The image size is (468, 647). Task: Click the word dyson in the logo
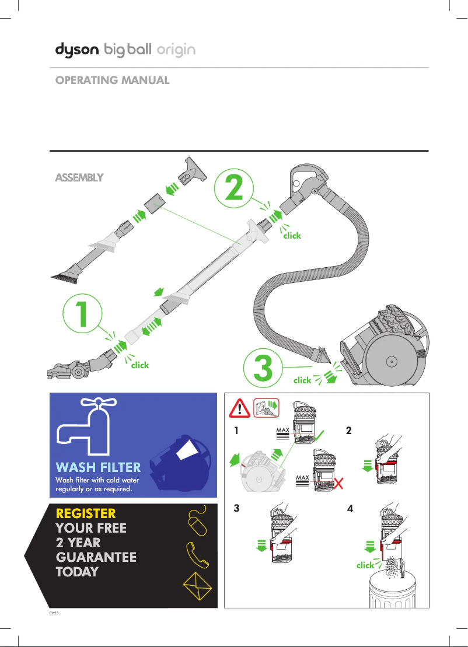77,50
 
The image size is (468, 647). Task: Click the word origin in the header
176,51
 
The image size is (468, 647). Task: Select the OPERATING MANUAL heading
112,81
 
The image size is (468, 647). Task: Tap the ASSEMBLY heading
79,177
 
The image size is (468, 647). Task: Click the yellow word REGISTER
85,513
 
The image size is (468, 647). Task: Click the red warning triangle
237,409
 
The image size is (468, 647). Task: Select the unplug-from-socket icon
266,409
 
